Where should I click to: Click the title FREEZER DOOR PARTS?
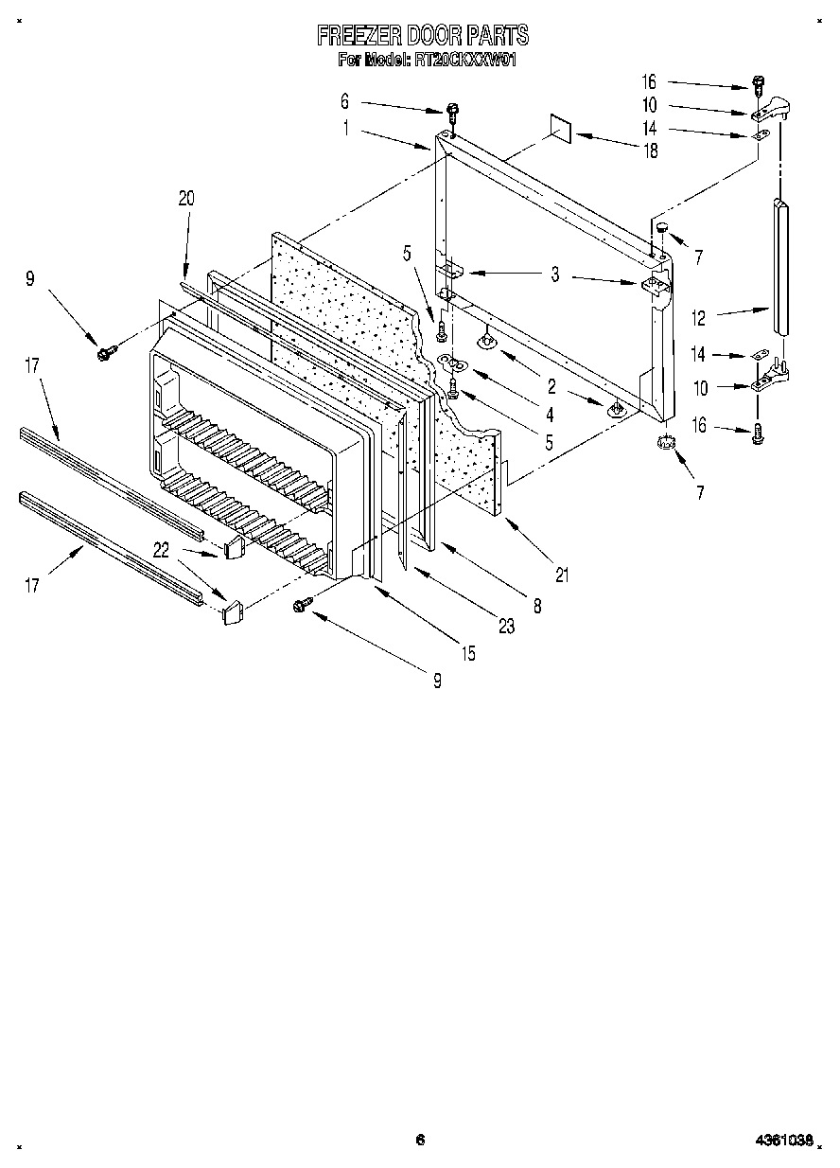point(422,36)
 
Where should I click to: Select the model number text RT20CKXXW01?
point(463,60)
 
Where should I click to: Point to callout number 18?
point(651,150)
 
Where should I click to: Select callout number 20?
point(185,198)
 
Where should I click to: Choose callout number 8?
point(537,607)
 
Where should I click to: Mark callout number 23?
point(508,626)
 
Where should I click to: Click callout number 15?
point(469,652)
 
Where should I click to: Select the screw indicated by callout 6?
point(452,111)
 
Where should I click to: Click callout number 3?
point(555,275)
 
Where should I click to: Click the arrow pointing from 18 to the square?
point(605,142)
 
